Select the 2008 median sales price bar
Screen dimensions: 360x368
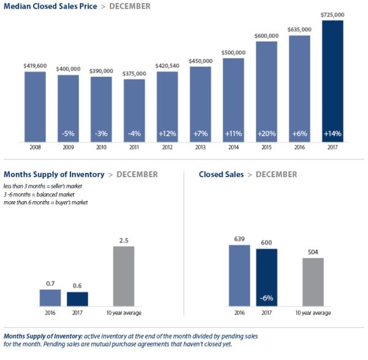(35, 107)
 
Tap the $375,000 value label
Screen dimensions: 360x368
(134, 73)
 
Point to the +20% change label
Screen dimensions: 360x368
(266, 132)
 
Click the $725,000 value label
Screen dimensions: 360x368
(332, 14)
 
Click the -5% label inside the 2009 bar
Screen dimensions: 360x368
(68, 132)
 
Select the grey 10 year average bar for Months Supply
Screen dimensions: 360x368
(124, 276)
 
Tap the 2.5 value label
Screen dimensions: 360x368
(124, 240)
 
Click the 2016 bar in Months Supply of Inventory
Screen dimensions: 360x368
(50, 297)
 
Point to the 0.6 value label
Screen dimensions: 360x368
(77, 285)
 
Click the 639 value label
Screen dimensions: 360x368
(239, 239)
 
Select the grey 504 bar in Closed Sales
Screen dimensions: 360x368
(313, 281)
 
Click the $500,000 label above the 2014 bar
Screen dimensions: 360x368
(233, 52)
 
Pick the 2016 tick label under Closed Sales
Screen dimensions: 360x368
(239, 313)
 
